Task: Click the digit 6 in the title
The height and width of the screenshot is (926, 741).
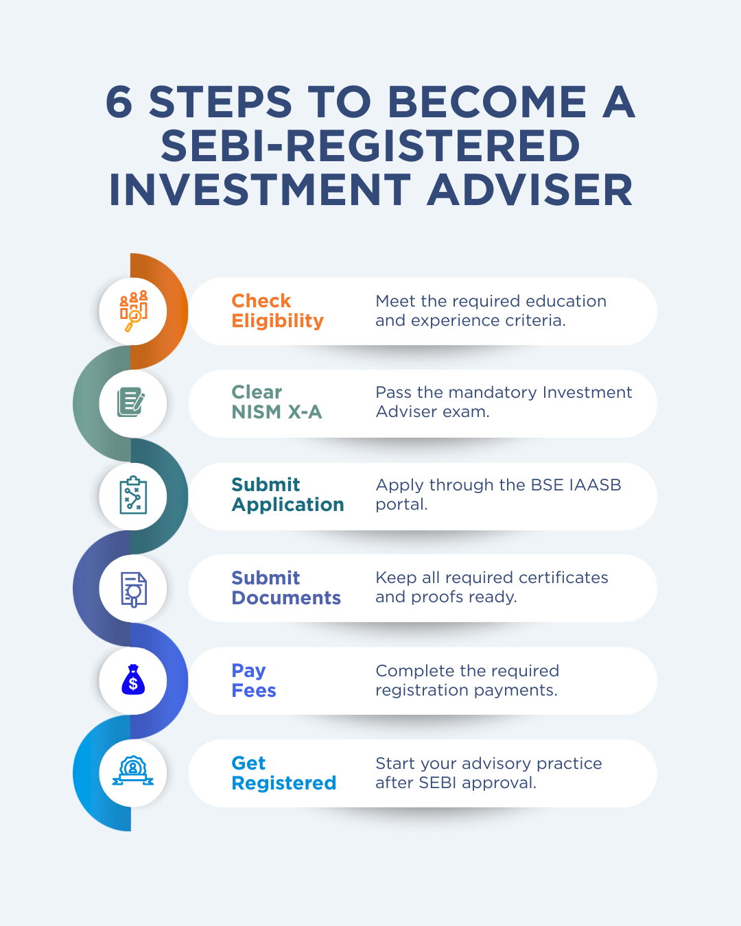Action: click(x=119, y=102)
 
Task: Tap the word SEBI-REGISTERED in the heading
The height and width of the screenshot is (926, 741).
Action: click(x=370, y=146)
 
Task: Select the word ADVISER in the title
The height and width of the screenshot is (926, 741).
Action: click(x=530, y=190)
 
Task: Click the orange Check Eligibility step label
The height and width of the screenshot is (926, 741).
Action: click(x=277, y=311)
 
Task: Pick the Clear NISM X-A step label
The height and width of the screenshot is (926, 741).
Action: click(x=277, y=402)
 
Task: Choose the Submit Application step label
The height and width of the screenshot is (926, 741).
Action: click(x=287, y=495)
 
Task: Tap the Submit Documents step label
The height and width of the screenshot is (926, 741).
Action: click(x=286, y=588)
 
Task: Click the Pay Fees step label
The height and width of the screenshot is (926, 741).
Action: click(x=254, y=680)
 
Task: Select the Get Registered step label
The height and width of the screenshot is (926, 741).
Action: click(x=284, y=773)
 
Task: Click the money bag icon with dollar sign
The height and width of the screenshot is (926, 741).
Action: click(x=133, y=680)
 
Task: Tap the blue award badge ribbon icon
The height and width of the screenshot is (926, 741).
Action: click(x=133, y=771)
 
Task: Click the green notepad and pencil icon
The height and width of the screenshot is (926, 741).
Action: click(x=131, y=403)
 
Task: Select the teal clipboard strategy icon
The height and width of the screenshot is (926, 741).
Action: click(x=134, y=495)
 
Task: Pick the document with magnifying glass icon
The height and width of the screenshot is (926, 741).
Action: click(x=134, y=589)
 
